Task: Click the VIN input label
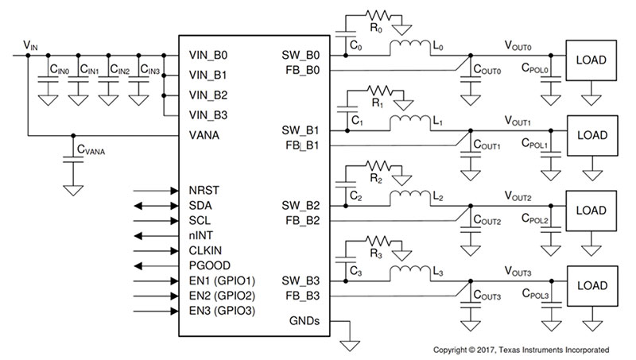[x=29, y=45]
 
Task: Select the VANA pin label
[x=205, y=134]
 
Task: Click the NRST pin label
[x=204, y=191]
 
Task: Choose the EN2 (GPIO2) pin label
[x=222, y=296]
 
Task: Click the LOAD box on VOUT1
[x=591, y=134]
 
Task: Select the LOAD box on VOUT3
[x=591, y=284]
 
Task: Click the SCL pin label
[x=200, y=220]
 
